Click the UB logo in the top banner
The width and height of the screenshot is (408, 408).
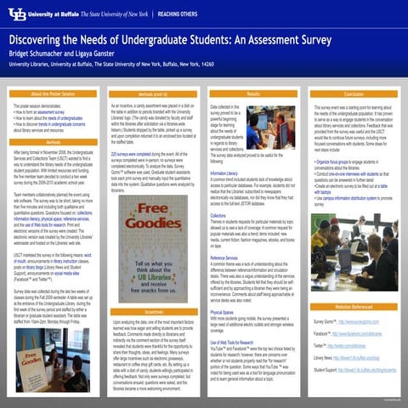16,14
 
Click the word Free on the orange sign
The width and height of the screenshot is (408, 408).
153,209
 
